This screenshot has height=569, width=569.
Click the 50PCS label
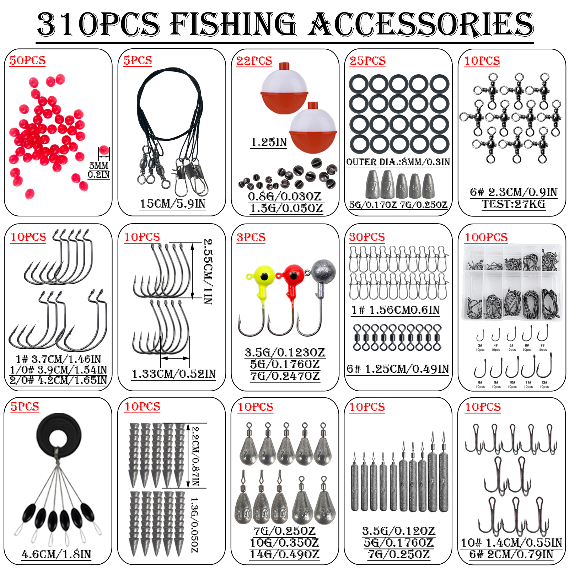27,60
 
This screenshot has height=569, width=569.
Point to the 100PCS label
486,237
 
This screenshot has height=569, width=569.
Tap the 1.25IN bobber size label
269,142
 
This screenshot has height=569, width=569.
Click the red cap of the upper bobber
284,66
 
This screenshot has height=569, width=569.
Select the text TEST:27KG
513,204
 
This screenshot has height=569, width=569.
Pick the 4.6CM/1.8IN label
57,554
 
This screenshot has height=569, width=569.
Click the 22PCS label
254,60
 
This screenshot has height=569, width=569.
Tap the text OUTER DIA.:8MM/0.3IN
398,162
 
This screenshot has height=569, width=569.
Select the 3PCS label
251,237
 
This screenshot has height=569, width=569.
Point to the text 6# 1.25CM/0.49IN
398,369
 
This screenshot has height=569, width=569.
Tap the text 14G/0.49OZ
284,554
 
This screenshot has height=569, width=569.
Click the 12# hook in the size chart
544,368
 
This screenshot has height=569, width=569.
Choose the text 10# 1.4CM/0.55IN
511,543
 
